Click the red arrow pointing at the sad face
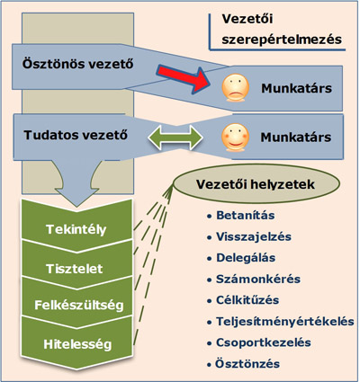click(x=184, y=77)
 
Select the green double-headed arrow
click(x=175, y=138)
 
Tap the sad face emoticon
click(x=235, y=87)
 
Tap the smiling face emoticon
click(x=235, y=138)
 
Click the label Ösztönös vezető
click(x=77, y=64)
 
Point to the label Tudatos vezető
click(x=76, y=135)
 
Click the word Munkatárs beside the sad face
click(x=296, y=88)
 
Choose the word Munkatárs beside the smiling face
click(x=296, y=138)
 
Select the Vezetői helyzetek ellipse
click(x=256, y=184)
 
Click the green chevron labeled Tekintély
click(x=76, y=229)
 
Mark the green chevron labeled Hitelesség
click(x=76, y=344)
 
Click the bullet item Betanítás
click(x=246, y=215)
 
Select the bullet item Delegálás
click(x=246, y=258)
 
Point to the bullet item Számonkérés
click(x=258, y=279)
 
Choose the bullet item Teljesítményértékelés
click(x=285, y=322)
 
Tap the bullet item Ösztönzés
click(x=247, y=364)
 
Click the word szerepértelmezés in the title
click(x=282, y=40)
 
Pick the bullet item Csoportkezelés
click(x=264, y=342)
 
